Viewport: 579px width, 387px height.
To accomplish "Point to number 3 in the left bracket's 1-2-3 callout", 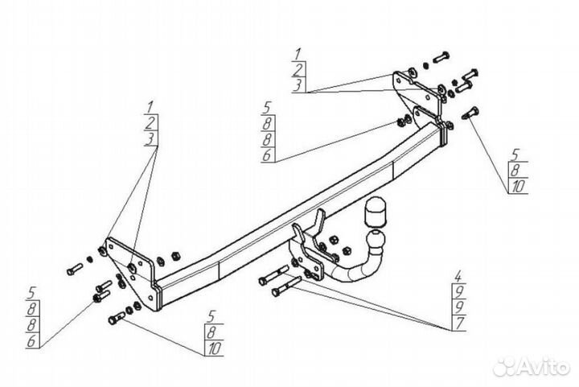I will [150, 139].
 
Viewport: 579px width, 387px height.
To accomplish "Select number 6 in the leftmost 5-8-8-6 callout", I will [30, 342].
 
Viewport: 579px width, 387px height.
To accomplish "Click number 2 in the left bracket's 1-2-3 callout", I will [150, 122].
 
